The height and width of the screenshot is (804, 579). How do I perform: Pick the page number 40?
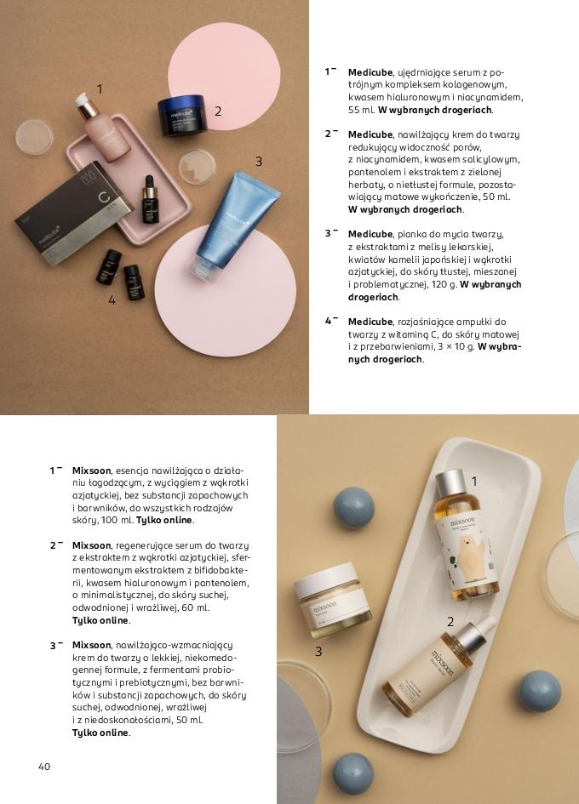point(44,767)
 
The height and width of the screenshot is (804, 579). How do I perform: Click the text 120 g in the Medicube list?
point(441,284)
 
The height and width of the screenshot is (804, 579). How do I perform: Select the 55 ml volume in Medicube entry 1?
point(361,110)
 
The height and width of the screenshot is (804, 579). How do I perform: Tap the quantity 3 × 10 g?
point(454,346)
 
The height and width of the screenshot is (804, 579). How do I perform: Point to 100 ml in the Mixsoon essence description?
point(117,520)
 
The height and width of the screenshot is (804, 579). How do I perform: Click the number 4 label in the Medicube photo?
point(112,299)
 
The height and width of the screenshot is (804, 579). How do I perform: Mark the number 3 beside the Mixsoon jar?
point(318,652)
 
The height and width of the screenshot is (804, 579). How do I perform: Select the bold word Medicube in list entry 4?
point(370,322)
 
